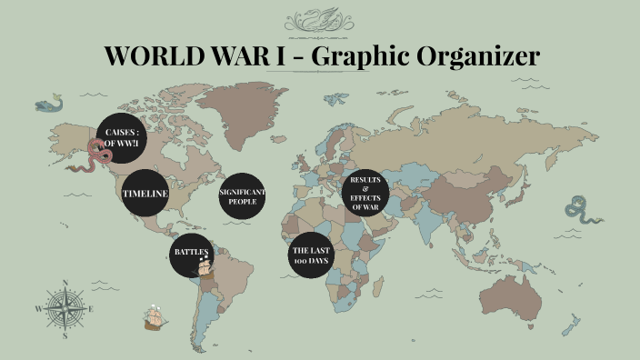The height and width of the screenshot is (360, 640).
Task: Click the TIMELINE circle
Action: [145, 193]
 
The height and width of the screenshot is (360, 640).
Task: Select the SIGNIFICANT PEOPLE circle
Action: [243, 195]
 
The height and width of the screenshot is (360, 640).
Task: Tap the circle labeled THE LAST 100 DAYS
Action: [311, 255]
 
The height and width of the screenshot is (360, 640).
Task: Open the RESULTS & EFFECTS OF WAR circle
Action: [365, 194]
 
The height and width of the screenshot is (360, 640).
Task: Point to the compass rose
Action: [65, 308]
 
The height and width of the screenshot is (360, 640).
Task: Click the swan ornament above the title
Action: [319, 20]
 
